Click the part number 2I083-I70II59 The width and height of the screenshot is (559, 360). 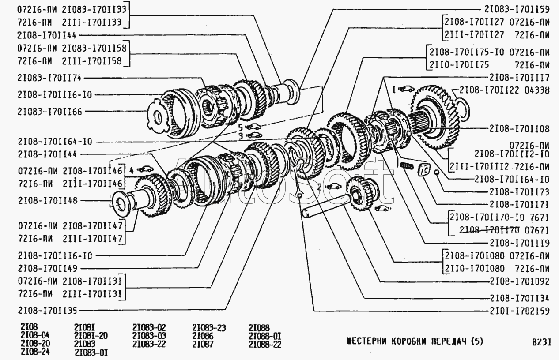coord(517,9)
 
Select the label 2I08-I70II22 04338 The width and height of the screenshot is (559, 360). coord(505,90)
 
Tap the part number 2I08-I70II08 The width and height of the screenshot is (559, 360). coord(520,129)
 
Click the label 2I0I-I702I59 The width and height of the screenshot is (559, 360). coord(520,311)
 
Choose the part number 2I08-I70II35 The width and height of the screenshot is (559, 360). coord(47,311)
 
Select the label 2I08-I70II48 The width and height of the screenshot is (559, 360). coord(48,200)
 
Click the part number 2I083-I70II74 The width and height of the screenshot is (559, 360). coord(49,78)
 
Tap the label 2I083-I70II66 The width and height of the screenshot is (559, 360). coord(49,112)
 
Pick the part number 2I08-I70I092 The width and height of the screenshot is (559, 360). coord(520,281)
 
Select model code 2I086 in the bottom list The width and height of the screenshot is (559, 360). coord(203,336)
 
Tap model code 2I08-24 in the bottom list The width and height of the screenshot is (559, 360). coord(35,352)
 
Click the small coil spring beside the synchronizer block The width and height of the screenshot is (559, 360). coord(407,166)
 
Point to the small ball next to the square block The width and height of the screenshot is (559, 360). coord(436,172)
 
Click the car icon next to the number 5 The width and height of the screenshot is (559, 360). coord(253,127)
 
